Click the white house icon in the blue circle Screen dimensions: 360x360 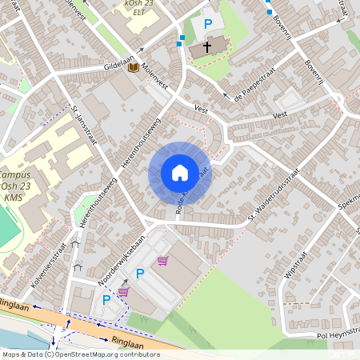(x=179, y=173)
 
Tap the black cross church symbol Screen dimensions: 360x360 (x=207, y=47)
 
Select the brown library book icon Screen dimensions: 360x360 (x=133, y=67)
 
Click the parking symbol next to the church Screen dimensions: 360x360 (x=208, y=25)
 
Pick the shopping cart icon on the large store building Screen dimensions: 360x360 (x=163, y=260)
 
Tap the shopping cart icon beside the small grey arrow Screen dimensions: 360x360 (x=123, y=292)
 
